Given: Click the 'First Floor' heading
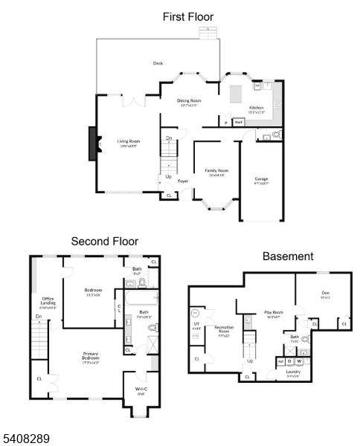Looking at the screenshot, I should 187,16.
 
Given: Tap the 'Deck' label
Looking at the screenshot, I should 158,63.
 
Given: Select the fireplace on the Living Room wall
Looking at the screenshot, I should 92,143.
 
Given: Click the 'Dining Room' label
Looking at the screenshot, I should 188,101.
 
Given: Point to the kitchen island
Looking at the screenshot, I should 237,94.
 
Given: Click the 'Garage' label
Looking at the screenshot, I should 261,178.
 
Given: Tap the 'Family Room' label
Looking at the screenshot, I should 217,171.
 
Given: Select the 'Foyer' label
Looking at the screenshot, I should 182,181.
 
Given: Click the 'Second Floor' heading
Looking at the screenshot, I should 104,241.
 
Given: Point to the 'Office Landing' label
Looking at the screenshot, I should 48,301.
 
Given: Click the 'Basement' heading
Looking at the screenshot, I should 288,256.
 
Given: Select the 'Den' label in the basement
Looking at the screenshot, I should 325,294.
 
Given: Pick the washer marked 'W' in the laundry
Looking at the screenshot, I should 299,361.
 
